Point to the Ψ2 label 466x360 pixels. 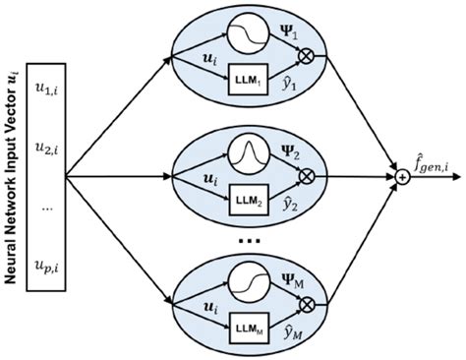coord(293,155)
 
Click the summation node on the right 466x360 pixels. coord(401,177)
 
